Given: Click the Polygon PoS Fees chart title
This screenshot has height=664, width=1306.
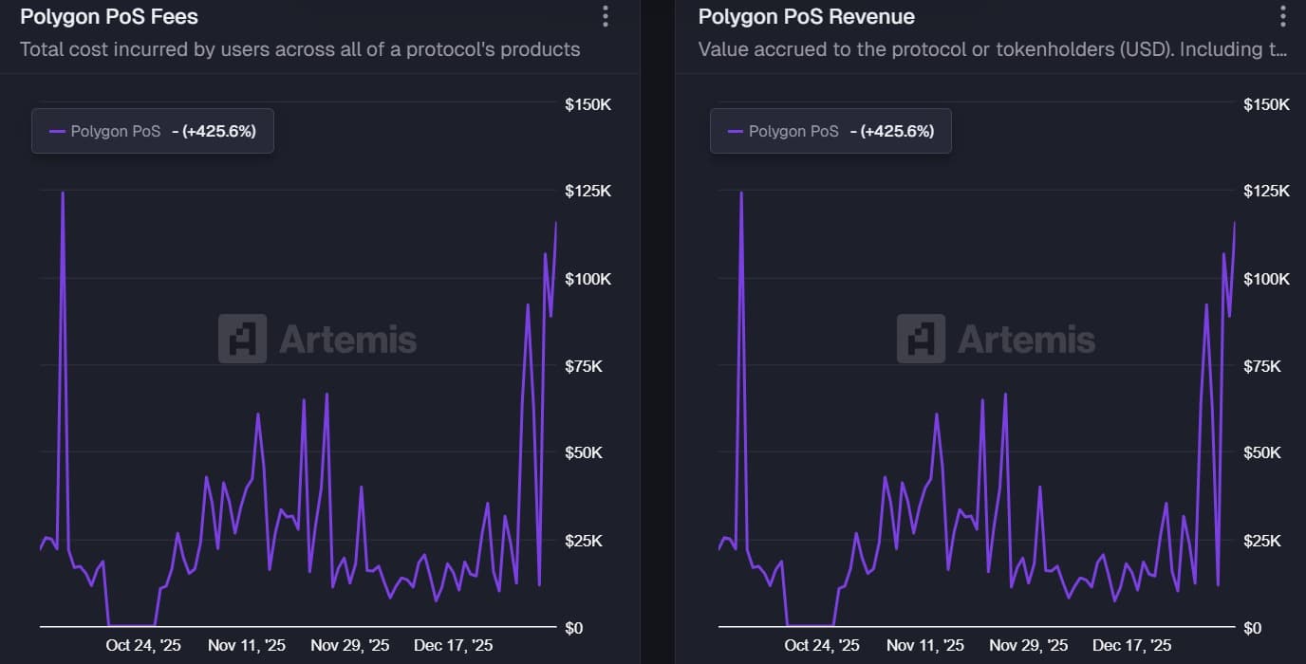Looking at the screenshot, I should coord(109,17).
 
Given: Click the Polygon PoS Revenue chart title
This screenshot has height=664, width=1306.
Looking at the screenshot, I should coord(806,17).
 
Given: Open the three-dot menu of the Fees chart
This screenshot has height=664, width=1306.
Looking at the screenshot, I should coord(606,16).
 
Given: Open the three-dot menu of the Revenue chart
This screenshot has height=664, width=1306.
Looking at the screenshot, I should coord(1283,16).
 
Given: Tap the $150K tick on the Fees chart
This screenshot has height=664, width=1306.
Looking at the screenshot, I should coord(588,103).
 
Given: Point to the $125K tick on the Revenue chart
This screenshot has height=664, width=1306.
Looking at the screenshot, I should coord(1266,191).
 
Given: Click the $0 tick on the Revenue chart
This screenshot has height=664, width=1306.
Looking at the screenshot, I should coord(1253,627).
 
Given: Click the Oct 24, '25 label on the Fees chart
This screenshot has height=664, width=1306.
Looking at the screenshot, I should coord(143,645).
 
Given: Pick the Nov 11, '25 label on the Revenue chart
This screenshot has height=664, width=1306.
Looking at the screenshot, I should coord(924,645).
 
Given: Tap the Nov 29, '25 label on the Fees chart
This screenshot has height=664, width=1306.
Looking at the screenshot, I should coord(350,645).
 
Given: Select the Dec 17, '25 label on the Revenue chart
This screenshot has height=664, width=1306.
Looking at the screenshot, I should coord(1131,645).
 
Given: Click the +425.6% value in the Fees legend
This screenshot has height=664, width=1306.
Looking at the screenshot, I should coord(217,131).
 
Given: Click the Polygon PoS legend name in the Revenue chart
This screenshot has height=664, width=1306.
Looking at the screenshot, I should coord(793,131).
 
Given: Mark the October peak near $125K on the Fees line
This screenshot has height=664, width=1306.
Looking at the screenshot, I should coord(63,193).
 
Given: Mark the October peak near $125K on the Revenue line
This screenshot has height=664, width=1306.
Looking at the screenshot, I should coord(741,193).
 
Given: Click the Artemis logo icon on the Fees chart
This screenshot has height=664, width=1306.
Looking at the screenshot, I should coord(242,339).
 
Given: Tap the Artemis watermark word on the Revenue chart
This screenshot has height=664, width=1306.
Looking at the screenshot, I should coord(1026,339).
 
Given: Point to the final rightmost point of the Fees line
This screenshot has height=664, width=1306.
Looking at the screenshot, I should coord(556,223).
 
